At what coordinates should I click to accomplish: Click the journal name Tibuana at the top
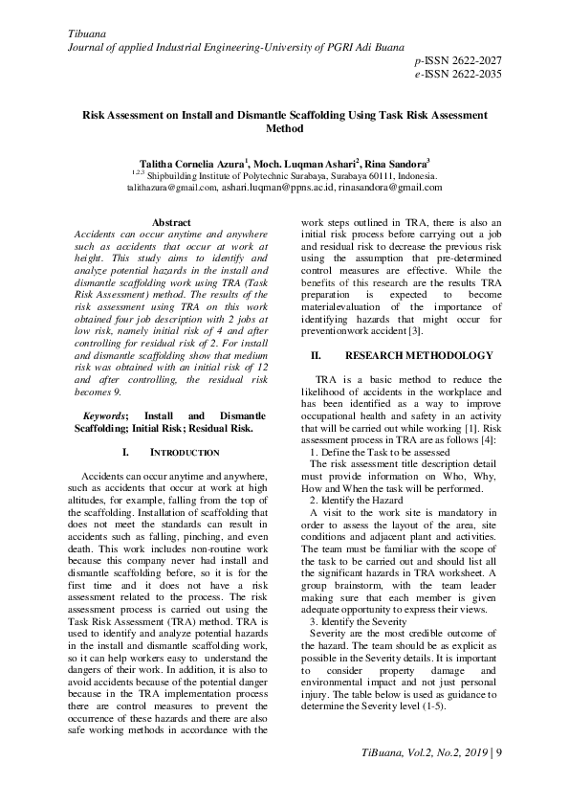tap(86, 34)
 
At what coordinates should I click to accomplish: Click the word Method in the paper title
tap(284, 128)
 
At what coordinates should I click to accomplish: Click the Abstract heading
tap(171, 222)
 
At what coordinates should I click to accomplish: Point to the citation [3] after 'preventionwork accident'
tap(413, 330)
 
